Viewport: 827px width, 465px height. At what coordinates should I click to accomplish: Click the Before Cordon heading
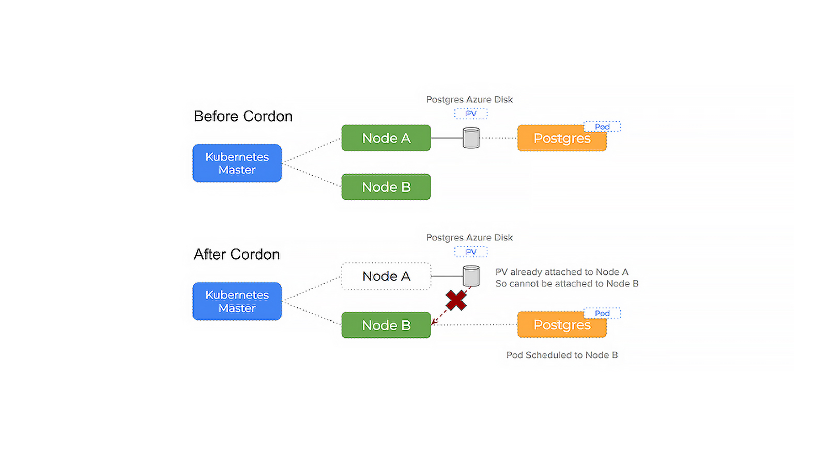pyautogui.click(x=243, y=116)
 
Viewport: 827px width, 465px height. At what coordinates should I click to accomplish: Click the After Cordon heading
pyautogui.click(x=237, y=254)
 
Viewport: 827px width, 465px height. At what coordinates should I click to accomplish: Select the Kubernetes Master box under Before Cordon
pyautogui.click(x=237, y=163)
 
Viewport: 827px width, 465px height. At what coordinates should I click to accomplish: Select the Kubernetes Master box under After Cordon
pyautogui.click(x=237, y=301)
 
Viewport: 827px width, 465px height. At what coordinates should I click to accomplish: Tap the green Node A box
pyautogui.click(x=386, y=138)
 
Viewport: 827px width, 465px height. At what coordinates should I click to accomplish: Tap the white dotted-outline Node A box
pyautogui.click(x=386, y=276)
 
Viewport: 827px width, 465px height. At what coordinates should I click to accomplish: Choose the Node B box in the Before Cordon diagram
pyautogui.click(x=386, y=187)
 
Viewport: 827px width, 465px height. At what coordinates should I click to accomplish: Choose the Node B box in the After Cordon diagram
pyautogui.click(x=386, y=325)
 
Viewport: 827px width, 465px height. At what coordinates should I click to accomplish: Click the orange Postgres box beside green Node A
pyautogui.click(x=562, y=138)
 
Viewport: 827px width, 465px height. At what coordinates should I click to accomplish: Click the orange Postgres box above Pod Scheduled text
pyautogui.click(x=562, y=325)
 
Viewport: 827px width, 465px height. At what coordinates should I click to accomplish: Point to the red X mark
pyautogui.click(x=456, y=300)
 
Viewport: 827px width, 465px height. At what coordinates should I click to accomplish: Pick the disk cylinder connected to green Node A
pyautogui.click(x=471, y=138)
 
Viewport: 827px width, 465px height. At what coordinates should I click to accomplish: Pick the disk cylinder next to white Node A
pyautogui.click(x=471, y=276)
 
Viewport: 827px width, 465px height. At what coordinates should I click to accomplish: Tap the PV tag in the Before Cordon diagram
pyautogui.click(x=471, y=114)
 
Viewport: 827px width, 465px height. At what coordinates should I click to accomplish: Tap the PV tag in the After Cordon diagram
pyautogui.click(x=471, y=252)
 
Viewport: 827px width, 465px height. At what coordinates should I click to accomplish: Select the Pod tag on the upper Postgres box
pyautogui.click(x=602, y=127)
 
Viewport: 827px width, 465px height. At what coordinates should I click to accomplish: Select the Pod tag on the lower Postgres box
pyautogui.click(x=602, y=313)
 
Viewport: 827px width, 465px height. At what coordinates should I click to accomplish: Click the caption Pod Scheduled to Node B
pyautogui.click(x=562, y=355)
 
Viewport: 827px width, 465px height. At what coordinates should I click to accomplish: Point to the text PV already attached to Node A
pyautogui.click(x=562, y=272)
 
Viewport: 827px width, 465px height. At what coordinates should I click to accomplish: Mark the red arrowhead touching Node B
pyautogui.click(x=434, y=322)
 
